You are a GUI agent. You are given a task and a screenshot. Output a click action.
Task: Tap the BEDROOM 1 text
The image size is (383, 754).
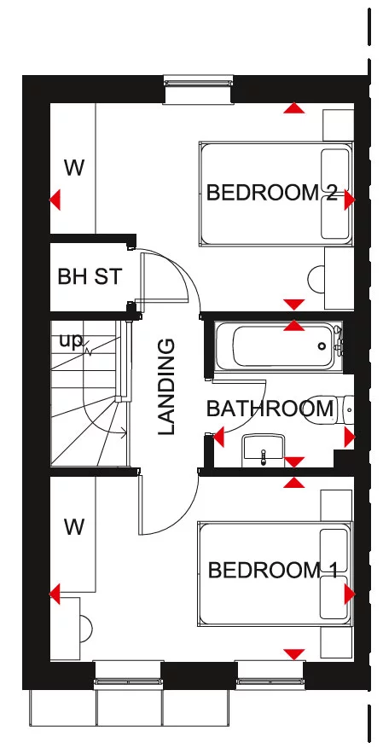(274, 569)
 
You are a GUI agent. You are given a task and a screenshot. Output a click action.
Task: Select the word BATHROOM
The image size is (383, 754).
(270, 408)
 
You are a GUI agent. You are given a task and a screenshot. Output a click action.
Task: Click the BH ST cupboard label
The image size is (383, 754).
(90, 276)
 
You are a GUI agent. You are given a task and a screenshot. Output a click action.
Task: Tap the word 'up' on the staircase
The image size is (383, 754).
(71, 340)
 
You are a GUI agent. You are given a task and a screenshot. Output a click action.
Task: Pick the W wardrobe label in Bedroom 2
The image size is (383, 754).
(74, 168)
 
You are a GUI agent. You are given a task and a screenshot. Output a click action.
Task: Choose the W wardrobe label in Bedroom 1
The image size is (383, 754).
(74, 527)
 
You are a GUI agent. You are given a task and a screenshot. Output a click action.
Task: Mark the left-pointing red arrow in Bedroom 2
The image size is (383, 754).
(55, 200)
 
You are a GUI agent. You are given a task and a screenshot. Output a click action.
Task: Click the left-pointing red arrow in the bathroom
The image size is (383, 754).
(218, 438)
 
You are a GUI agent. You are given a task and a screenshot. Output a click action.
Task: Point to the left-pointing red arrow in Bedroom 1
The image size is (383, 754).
(55, 593)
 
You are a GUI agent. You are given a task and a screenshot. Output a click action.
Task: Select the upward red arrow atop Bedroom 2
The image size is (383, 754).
(294, 108)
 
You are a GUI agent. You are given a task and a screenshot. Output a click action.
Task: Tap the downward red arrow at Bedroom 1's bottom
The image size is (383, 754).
(294, 654)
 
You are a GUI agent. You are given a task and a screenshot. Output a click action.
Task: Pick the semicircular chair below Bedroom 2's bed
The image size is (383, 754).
(317, 279)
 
